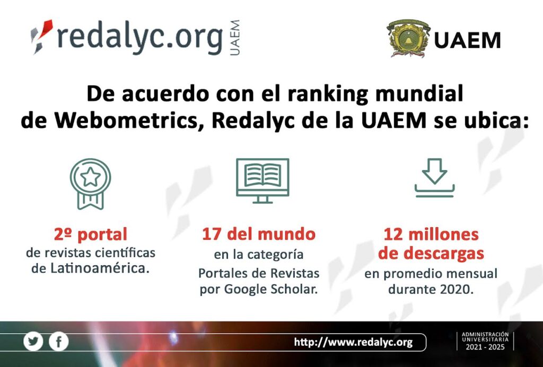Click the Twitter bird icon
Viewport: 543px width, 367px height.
point(33,342)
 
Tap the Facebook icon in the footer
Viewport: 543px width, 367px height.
point(58,342)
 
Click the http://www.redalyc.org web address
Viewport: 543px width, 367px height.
point(353,343)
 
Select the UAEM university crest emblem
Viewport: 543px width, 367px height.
point(408,38)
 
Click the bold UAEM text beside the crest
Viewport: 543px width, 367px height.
point(467,40)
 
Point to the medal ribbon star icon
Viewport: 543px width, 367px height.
point(90,184)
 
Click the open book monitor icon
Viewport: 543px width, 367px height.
point(262,181)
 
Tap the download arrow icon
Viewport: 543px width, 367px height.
point(434,178)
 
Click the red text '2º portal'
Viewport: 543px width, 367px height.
point(91,235)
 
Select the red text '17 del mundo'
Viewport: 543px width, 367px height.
point(259,234)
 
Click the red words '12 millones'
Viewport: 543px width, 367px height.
point(431,235)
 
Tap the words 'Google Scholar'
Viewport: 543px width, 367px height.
point(271,289)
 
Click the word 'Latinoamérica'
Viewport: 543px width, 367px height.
point(100,268)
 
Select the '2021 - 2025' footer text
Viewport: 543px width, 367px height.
point(485,347)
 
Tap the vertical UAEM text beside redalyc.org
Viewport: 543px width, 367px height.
point(234,38)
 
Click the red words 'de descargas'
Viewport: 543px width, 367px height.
point(431,254)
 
